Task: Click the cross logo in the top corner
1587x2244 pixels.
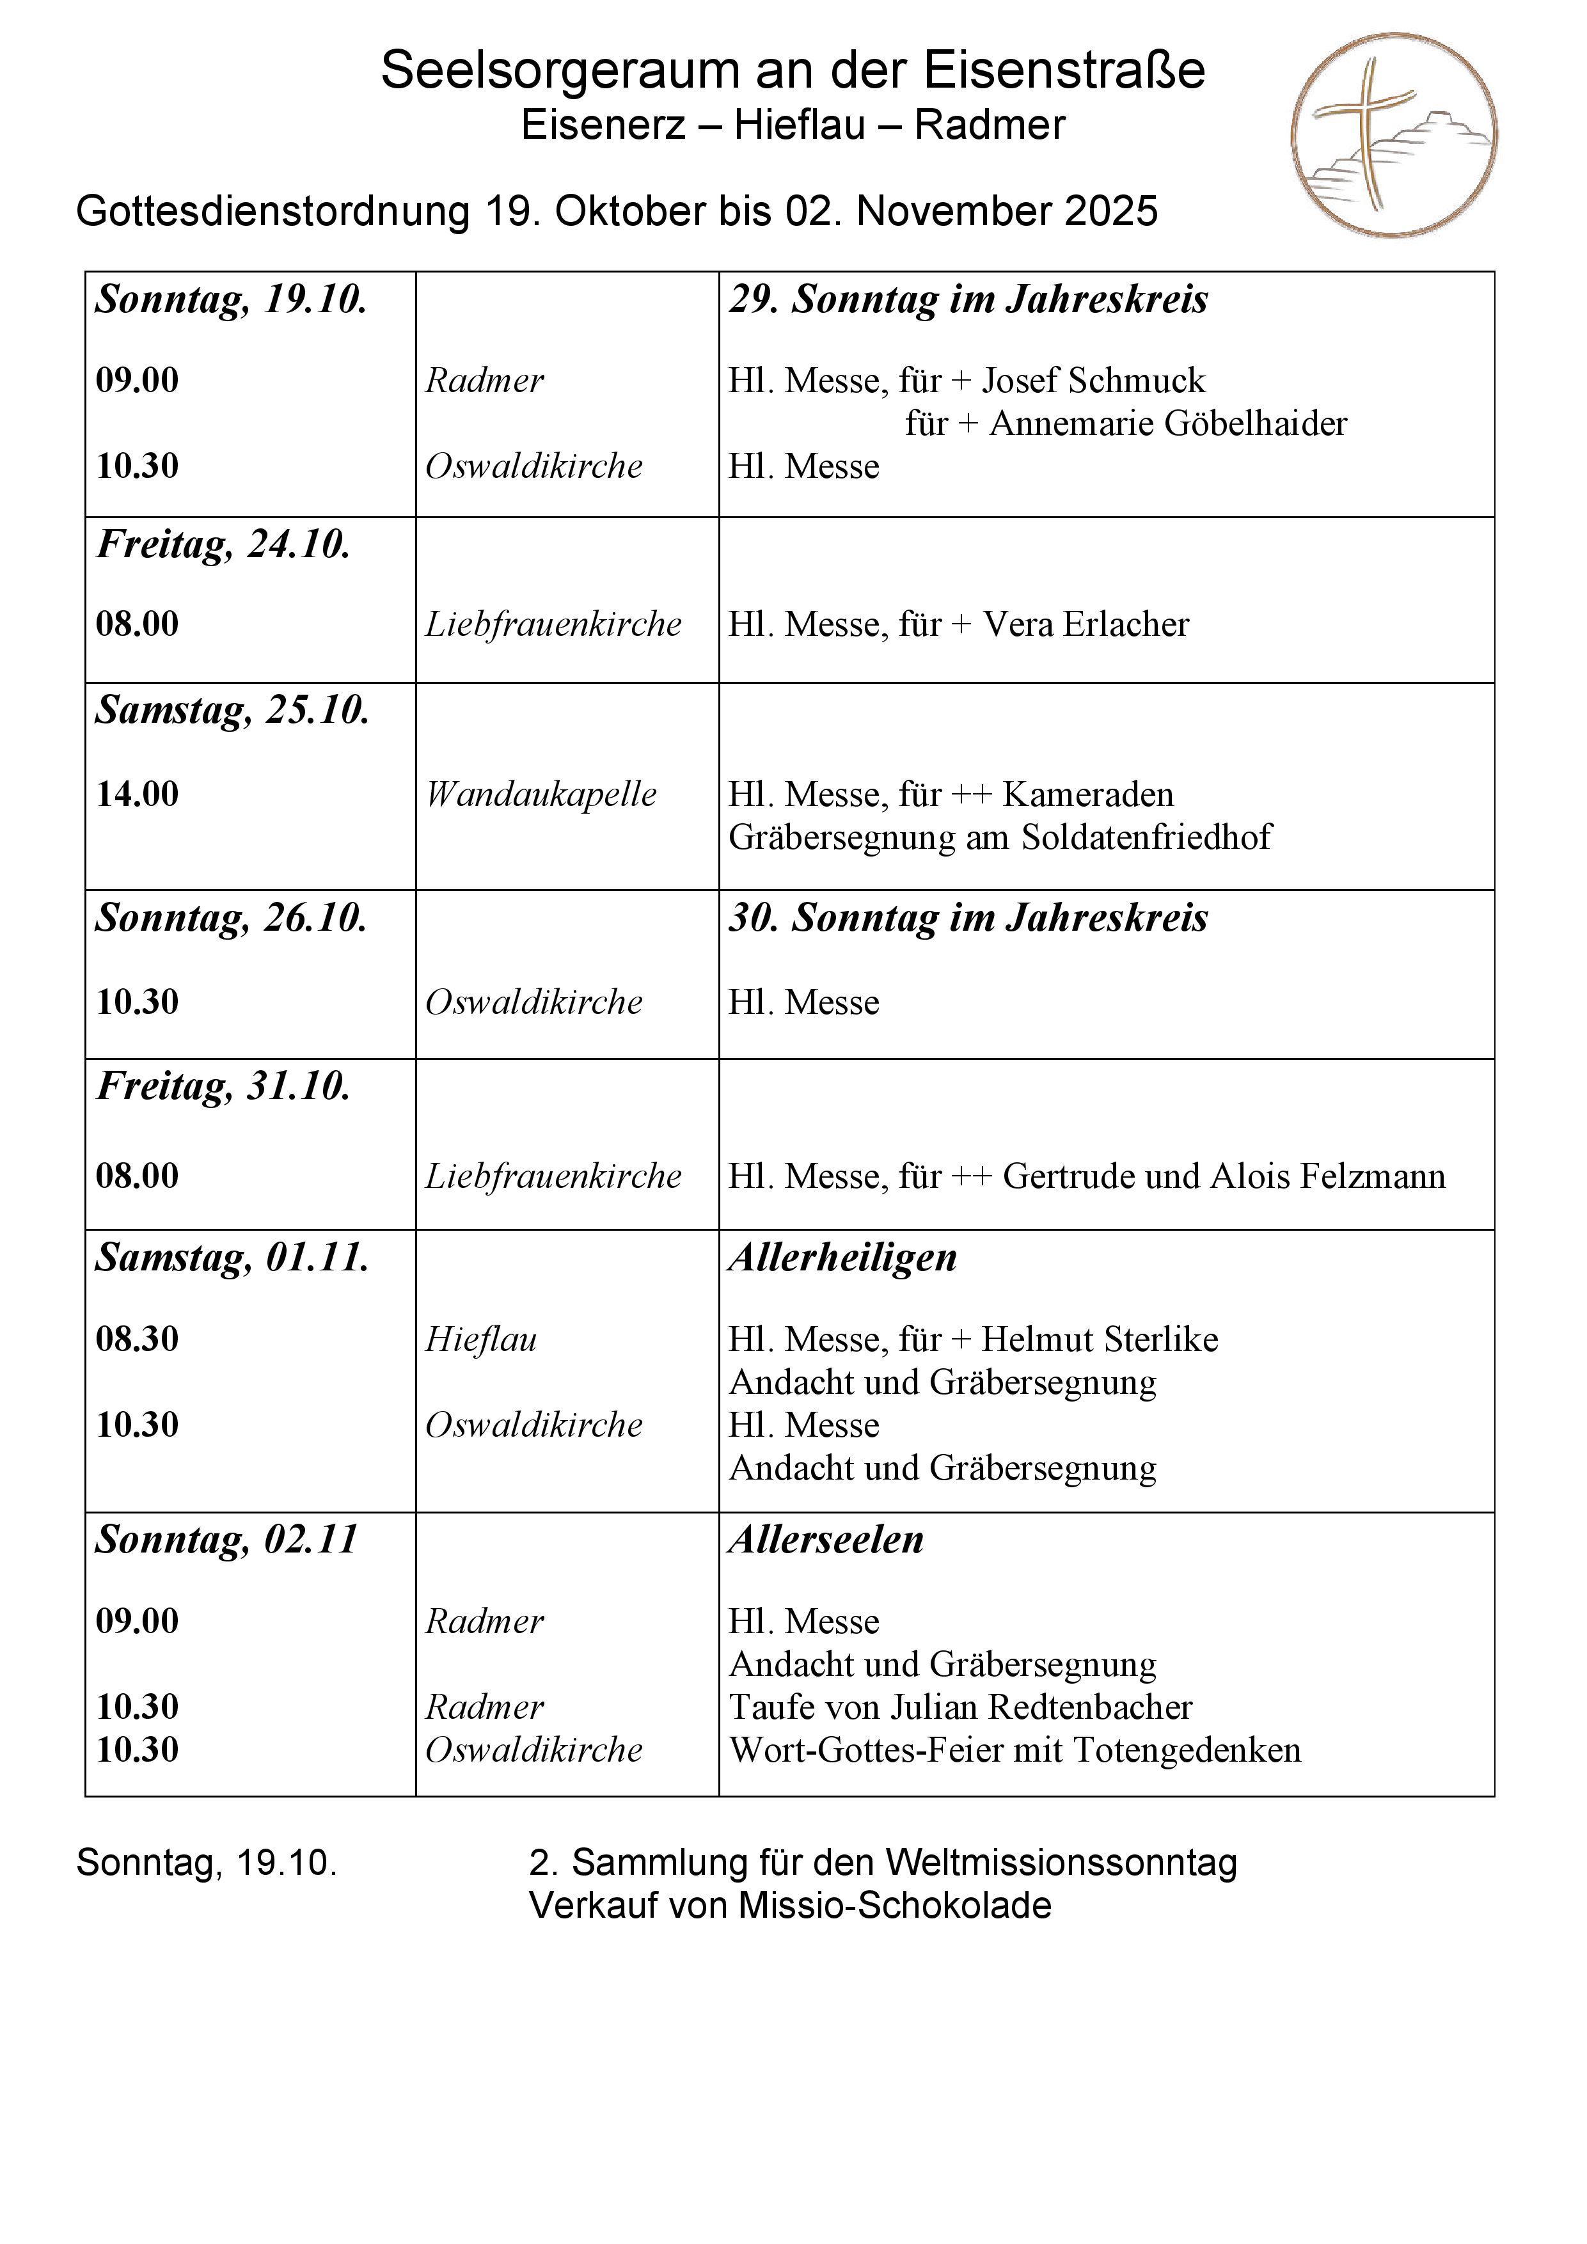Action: (x=1394, y=135)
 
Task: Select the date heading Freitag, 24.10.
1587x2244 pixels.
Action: (x=223, y=544)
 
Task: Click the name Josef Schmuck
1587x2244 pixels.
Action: (x=1094, y=380)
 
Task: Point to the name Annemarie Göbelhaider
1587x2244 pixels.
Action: (x=1168, y=423)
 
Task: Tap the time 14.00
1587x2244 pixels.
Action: (x=137, y=794)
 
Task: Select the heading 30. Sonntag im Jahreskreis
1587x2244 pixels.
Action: (x=967, y=918)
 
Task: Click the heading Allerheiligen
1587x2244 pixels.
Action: (x=842, y=1257)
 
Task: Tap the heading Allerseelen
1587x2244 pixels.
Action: (x=826, y=1539)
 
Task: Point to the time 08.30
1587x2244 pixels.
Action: (x=137, y=1338)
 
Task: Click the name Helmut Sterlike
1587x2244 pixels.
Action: (x=1100, y=1339)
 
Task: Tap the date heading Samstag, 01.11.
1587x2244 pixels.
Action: (x=232, y=1257)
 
